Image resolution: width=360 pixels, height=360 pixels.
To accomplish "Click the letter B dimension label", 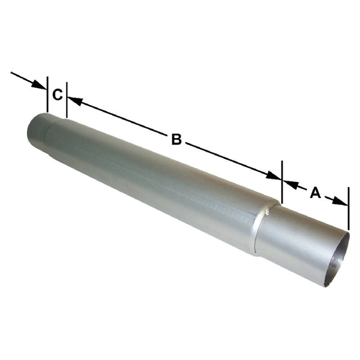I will (x=176, y=140).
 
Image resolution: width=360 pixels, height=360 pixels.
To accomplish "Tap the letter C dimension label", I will (x=57, y=95).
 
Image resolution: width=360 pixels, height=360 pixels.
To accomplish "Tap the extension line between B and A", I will (x=281, y=180).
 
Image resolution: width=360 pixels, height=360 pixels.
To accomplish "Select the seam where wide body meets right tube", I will (x=264, y=228).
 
